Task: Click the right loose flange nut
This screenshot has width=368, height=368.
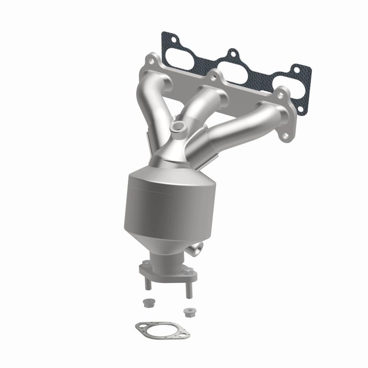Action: pos(188,312)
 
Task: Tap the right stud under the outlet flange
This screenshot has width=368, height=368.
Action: pos(188,289)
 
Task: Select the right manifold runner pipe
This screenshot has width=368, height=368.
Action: pos(230,124)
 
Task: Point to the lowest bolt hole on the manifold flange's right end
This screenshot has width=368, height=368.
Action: pos(286,136)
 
